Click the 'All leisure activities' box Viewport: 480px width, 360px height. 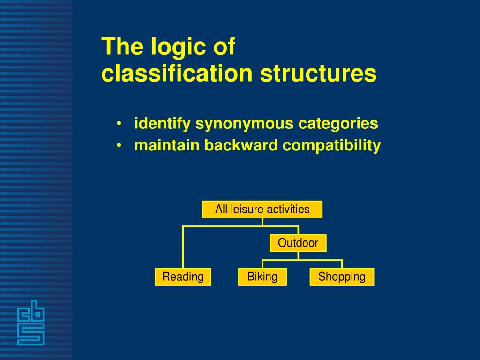coord(262,210)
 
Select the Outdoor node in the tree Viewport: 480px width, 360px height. coord(298,243)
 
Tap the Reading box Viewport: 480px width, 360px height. coord(183,277)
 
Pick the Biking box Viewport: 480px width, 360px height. coord(262,277)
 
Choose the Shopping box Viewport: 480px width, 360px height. coord(342,277)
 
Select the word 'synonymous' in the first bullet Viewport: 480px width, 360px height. coord(245,124)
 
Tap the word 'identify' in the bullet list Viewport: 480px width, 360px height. coord(163,124)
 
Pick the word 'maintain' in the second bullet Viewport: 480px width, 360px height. coord(167,145)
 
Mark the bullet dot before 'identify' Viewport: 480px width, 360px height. coord(120,124)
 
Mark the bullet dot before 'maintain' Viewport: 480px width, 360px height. coord(120,146)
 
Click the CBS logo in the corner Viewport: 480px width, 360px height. coord(30,323)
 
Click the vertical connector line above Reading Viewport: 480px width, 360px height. coord(183,247)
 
